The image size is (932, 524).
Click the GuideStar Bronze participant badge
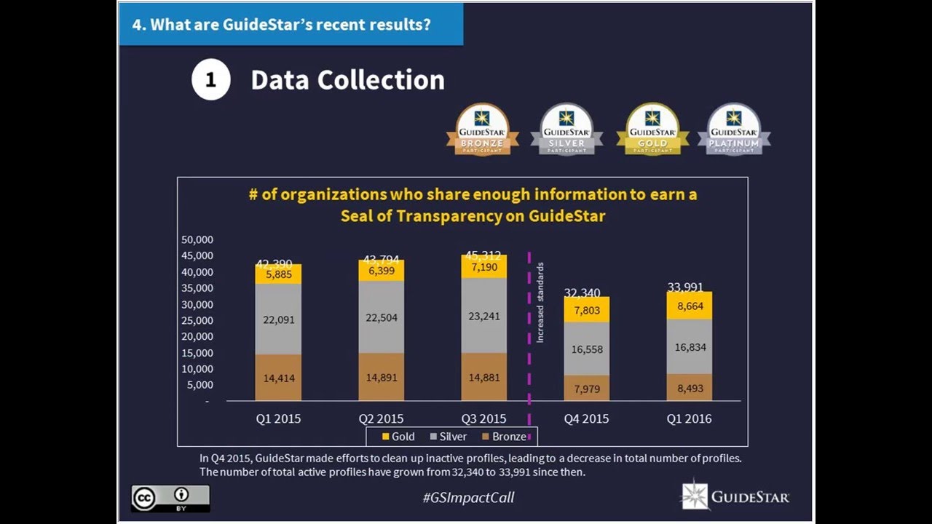482,129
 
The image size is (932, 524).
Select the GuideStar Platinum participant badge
734,129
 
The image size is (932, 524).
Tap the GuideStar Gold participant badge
652,129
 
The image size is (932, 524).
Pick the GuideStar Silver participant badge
566,129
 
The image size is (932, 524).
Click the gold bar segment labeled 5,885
277,274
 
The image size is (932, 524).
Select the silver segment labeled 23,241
483,316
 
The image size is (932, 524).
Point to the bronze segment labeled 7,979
586,388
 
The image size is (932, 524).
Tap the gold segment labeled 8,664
689,306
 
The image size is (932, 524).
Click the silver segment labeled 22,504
381,317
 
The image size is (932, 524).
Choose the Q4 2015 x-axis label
586,418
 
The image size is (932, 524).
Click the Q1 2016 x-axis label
689,418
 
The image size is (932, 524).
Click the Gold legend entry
398,437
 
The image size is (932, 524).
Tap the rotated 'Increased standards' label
540,303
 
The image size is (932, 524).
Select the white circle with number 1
211,80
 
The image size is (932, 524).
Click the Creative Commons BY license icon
170,498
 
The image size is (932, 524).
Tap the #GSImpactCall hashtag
468,498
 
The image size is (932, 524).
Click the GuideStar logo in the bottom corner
735,496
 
